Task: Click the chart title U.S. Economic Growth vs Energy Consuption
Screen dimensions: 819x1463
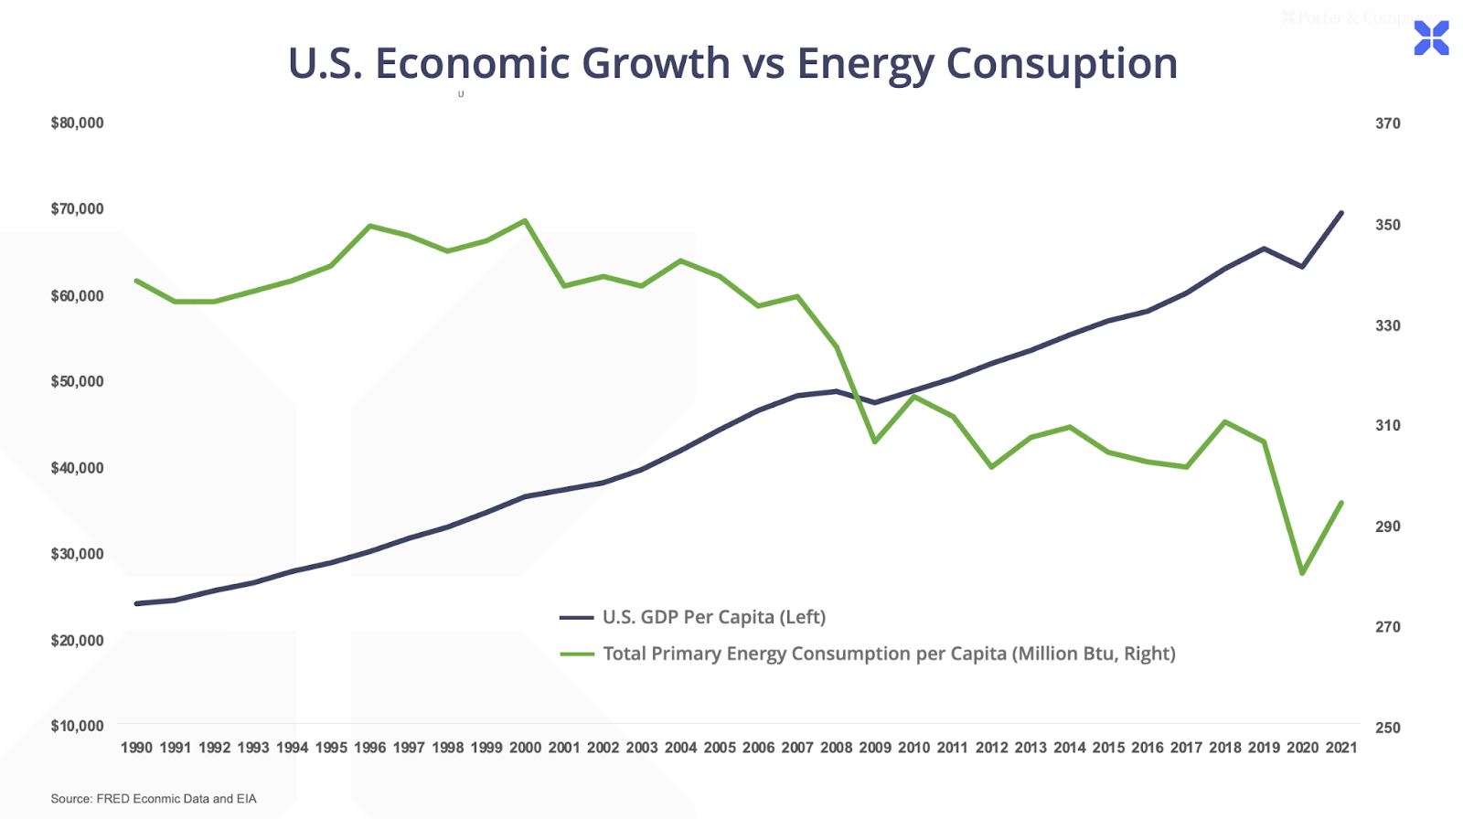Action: click(732, 63)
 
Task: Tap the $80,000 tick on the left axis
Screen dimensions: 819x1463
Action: click(78, 123)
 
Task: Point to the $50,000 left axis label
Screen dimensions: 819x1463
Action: click(78, 382)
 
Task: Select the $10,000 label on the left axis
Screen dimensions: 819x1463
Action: click(78, 727)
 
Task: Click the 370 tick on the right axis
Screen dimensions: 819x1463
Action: click(1387, 123)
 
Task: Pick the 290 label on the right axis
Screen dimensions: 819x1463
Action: click(1387, 526)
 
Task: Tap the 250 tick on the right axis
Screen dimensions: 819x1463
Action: click(1387, 728)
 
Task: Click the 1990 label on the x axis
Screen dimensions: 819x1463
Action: click(136, 748)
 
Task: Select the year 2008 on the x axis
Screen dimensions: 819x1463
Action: click(836, 748)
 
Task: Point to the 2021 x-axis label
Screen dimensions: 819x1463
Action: click(1341, 748)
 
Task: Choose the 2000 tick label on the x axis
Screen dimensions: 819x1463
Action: click(525, 748)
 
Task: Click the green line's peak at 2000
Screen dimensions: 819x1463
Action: click(525, 220)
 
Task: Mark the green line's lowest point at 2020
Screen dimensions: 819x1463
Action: click(1302, 573)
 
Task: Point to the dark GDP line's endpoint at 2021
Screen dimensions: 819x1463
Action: click(1341, 213)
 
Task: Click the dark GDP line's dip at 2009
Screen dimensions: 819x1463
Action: click(875, 402)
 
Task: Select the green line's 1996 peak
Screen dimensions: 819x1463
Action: click(369, 226)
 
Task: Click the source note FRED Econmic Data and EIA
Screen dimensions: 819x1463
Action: click(154, 799)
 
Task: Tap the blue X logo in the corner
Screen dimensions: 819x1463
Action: click(1431, 38)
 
